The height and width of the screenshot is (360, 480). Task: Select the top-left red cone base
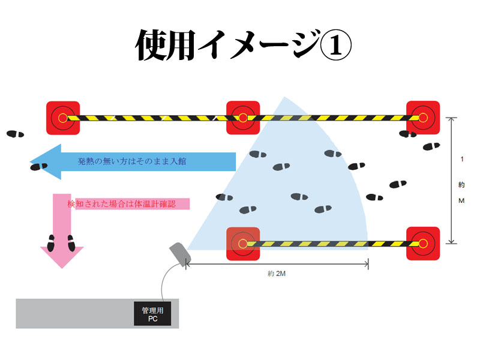coord(64,118)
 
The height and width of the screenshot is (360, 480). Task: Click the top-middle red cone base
coord(242,118)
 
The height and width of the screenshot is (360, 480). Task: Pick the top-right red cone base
coord(423,118)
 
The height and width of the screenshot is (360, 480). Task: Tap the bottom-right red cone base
coord(423,244)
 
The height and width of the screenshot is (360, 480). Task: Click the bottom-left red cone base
coord(242,244)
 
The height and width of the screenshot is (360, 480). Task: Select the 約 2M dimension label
coord(277,274)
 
